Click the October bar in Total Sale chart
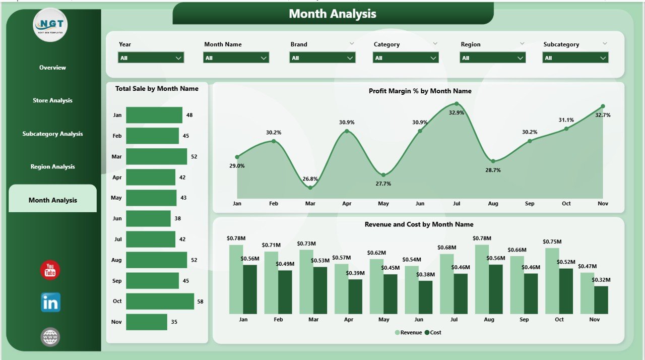pos(160,301)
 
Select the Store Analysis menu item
pos(52,100)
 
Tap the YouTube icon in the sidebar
pos(50,270)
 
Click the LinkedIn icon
pos(50,303)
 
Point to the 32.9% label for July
pos(456,113)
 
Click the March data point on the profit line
pos(310,188)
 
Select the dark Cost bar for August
pos(495,289)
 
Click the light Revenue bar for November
pos(587,293)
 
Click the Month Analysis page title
pos(333,14)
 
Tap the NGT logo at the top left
pos(50,25)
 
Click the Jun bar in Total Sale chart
pos(148,218)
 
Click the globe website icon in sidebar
pos(50,337)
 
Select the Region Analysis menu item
pos(52,167)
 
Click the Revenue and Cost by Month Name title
pos(419,224)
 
